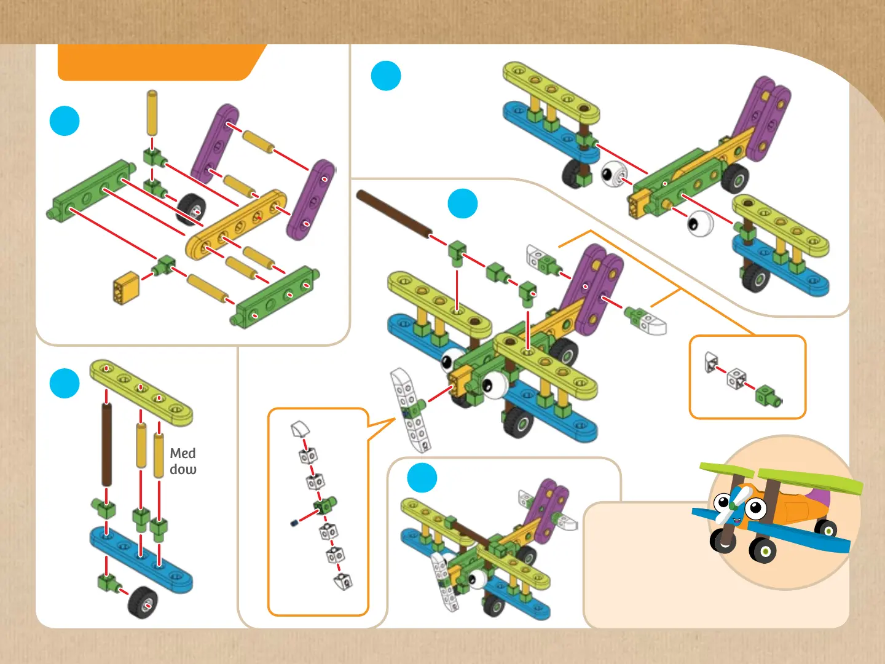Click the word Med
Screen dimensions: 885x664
(183, 453)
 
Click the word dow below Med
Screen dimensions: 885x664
(183, 470)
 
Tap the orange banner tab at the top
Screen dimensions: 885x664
(160, 62)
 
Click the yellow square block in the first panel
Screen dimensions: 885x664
(126, 287)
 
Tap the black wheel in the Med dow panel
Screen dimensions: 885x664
(143, 602)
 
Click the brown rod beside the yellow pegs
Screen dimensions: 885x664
(106, 445)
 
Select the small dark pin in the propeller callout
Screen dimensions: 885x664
(294, 523)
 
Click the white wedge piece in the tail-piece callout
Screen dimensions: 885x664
(711, 363)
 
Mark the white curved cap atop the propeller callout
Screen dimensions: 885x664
(300, 429)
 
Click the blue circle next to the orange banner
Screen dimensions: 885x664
(65, 121)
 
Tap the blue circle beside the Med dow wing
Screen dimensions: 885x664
(65, 384)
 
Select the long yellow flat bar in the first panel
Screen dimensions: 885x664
(237, 224)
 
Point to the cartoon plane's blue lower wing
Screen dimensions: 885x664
(799, 536)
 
